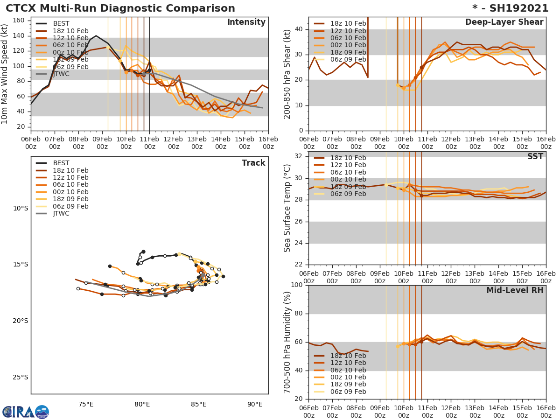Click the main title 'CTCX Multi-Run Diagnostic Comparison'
[120, 8]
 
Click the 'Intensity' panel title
[246, 22]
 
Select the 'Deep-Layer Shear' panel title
[504, 22]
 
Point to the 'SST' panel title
[535, 157]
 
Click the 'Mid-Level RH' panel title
[515, 290]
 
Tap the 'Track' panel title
[253, 163]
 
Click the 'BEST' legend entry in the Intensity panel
[61, 23]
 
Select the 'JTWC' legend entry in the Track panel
[61, 214]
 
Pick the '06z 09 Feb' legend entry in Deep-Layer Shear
[348, 60]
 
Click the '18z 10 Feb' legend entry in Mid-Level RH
[348, 356]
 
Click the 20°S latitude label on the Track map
[20, 321]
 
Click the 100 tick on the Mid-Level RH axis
[297, 285]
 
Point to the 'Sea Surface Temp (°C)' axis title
[287, 208]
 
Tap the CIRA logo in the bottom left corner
[25, 412]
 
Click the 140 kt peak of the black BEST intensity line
[96, 35]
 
